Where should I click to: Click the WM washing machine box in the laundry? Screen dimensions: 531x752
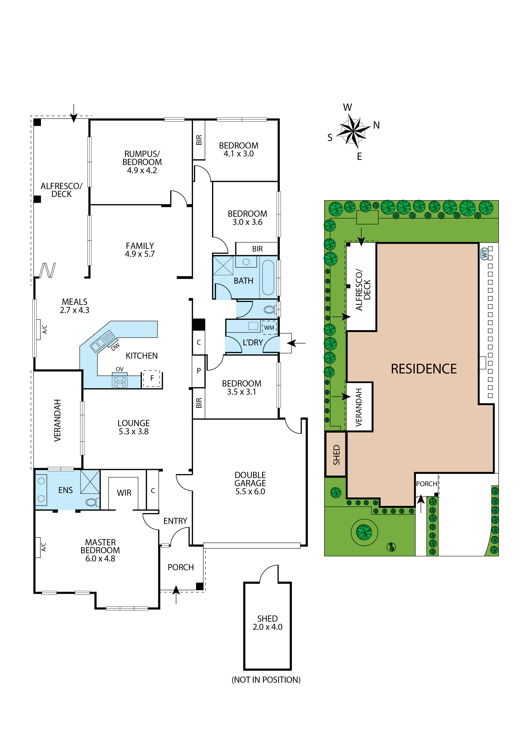tap(269, 328)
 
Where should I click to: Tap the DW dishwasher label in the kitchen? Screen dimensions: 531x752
tap(115, 346)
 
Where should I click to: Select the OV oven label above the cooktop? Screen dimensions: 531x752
tap(119, 369)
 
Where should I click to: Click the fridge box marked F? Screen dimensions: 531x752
tap(152, 378)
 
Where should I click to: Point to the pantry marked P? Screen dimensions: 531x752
tap(199, 371)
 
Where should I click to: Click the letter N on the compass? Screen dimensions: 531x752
tap(376, 125)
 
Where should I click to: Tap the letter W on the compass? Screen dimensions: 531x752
tap(348, 107)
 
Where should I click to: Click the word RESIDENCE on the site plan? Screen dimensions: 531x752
tap(424, 369)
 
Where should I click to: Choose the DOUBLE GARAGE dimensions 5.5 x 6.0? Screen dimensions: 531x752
tap(250, 491)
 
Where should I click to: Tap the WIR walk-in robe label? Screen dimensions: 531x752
tap(124, 493)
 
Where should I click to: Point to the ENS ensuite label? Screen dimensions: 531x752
tap(66, 490)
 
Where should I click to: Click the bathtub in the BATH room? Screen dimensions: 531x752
tap(268, 278)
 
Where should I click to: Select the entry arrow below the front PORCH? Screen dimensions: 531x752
tap(176, 594)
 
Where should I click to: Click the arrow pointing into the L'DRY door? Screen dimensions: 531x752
tap(296, 343)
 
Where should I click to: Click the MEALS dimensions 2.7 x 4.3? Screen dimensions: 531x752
tap(75, 310)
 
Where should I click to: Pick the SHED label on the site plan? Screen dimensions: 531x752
tap(336, 455)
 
